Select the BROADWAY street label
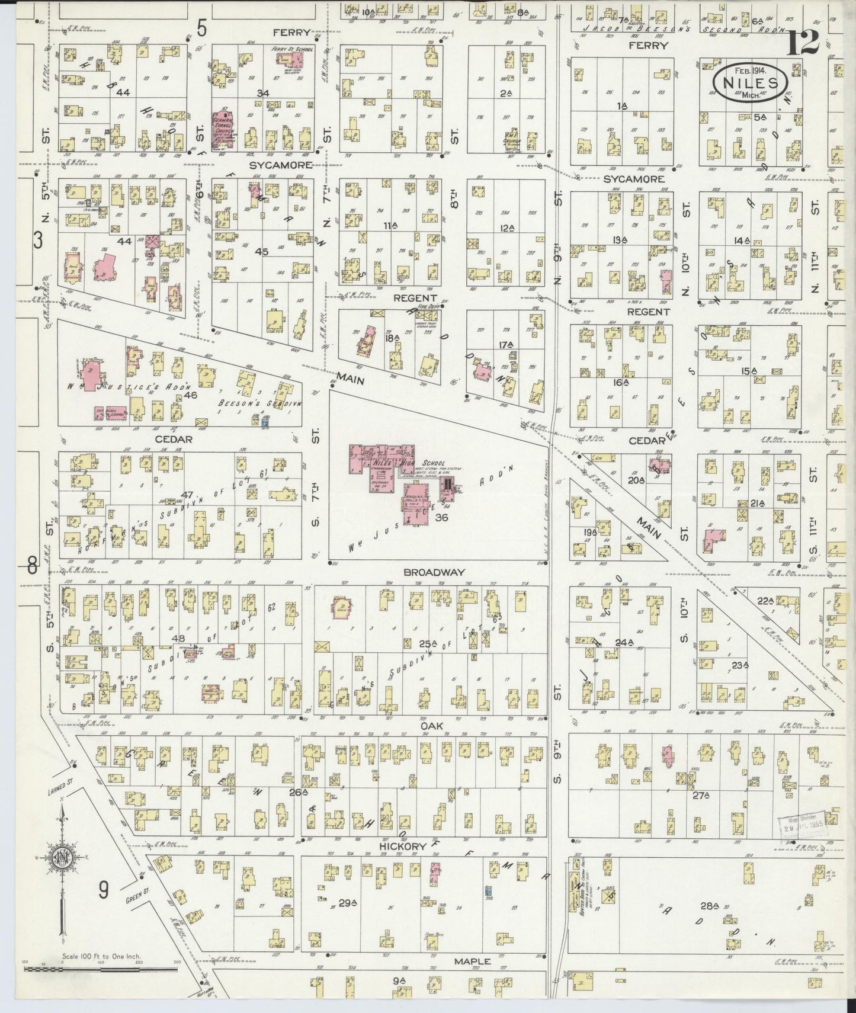(x=434, y=572)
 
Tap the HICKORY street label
(x=403, y=847)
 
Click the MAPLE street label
(x=472, y=961)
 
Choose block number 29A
(x=348, y=903)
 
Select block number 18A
(x=392, y=338)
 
